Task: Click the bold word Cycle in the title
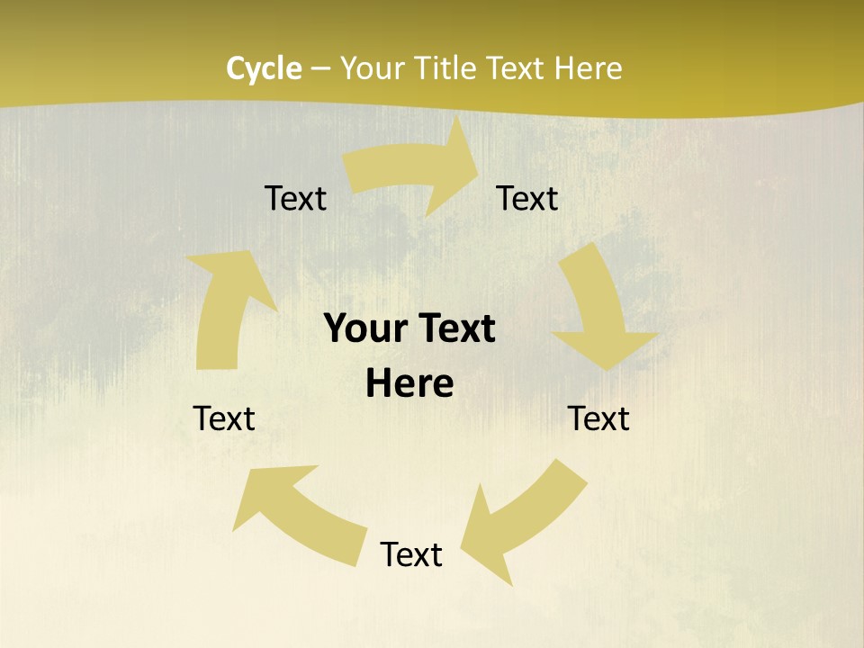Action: tap(264, 68)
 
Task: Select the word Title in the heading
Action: tap(445, 68)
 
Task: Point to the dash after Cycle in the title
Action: tap(321, 69)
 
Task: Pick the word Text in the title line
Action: tap(517, 68)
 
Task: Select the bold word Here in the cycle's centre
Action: tap(409, 384)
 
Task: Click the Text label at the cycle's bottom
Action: tap(411, 554)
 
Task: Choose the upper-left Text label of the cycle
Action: tap(295, 198)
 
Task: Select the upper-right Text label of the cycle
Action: tap(527, 198)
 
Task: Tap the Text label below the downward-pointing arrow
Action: tap(598, 418)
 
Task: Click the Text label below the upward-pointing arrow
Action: tap(224, 418)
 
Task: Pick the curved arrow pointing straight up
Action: tap(225, 310)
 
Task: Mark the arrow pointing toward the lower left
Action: tap(522, 517)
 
